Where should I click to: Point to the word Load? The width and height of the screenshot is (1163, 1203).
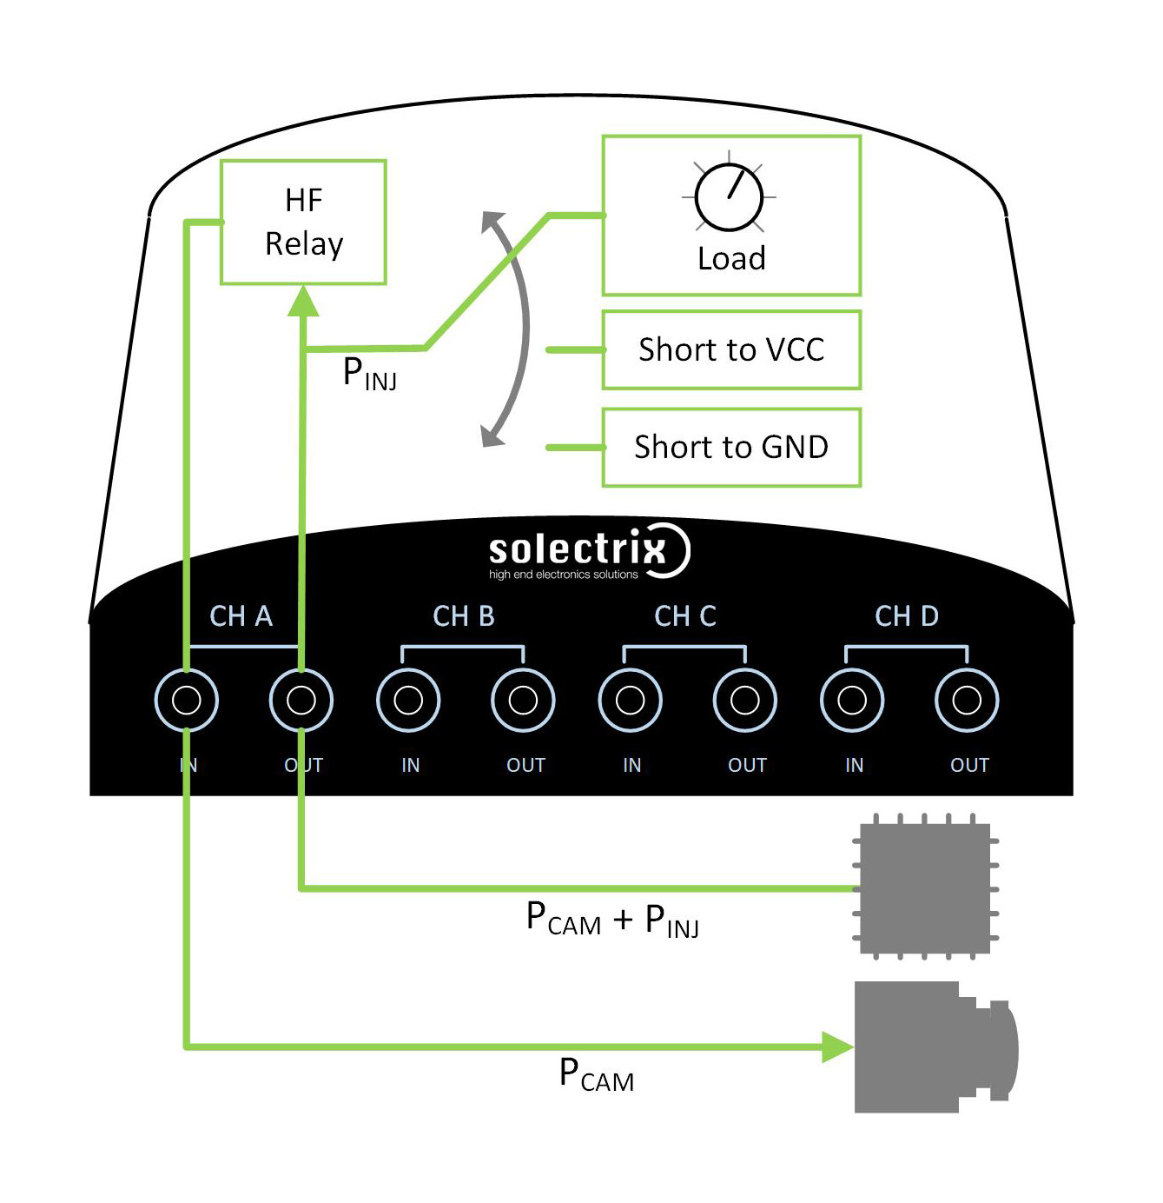point(731,258)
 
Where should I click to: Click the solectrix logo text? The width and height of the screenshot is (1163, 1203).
point(577,549)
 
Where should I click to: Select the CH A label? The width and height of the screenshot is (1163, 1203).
point(241,615)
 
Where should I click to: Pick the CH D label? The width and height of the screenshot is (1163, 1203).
point(906,615)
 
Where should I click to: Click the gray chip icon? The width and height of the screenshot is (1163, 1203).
point(925,887)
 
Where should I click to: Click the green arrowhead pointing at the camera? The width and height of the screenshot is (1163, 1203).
point(837,1047)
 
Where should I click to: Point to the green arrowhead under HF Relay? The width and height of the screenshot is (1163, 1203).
point(302,301)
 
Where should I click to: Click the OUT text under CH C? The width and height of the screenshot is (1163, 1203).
point(747,765)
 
